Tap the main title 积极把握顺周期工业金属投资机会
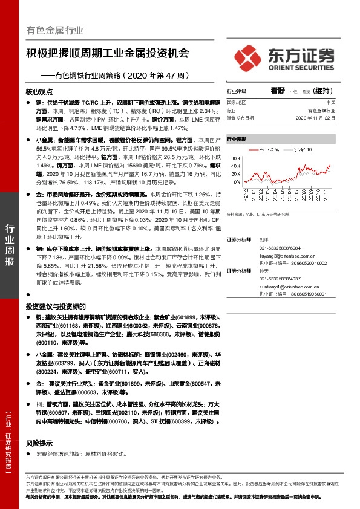point(108,53)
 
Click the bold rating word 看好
point(278,90)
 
